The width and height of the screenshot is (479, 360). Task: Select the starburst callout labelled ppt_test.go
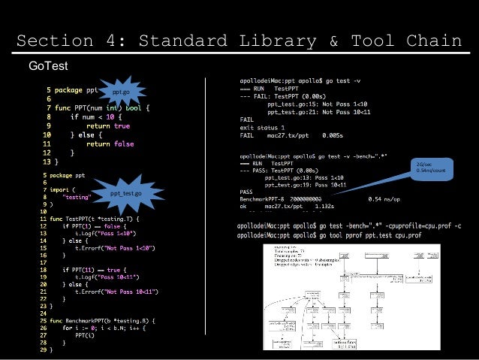click(x=125, y=194)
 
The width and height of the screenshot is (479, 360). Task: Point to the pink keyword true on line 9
click(x=119, y=127)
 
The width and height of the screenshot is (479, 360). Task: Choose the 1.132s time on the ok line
click(x=325, y=205)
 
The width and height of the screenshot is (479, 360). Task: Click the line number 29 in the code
click(x=44, y=349)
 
